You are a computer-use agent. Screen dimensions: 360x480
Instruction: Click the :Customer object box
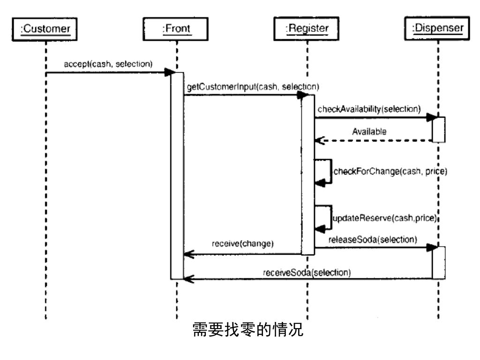tap(45, 29)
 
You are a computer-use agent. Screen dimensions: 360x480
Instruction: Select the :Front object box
tap(176, 29)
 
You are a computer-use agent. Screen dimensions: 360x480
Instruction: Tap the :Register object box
tap(307, 29)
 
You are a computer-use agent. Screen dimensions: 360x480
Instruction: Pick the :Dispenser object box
tap(438, 29)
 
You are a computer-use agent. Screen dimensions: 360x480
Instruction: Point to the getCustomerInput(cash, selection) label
tap(253, 87)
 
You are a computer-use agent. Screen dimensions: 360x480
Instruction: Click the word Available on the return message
tap(369, 132)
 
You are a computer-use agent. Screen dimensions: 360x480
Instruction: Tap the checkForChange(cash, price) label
tap(384, 172)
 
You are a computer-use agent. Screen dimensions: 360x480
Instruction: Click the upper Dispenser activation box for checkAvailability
tap(438, 129)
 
